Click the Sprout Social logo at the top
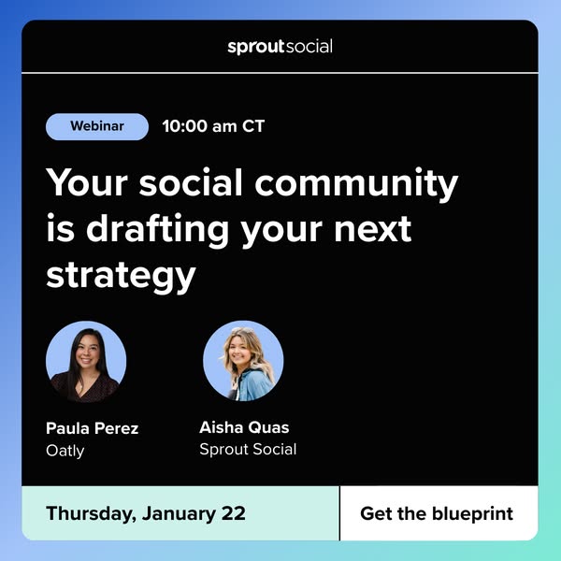[280, 46]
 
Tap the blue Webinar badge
[97, 126]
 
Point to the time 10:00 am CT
[213, 126]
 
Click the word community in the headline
[369, 183]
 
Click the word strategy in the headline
[121, 275]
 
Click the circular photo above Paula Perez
[86, 361]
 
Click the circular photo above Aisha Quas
[243, 361]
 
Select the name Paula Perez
[92, 428]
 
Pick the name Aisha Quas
[244, 427]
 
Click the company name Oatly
[65, 450]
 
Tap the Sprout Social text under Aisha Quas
[248, 449]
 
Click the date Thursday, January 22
[145, 513]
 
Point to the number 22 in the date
[233, 513]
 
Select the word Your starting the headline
[86, 183]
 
